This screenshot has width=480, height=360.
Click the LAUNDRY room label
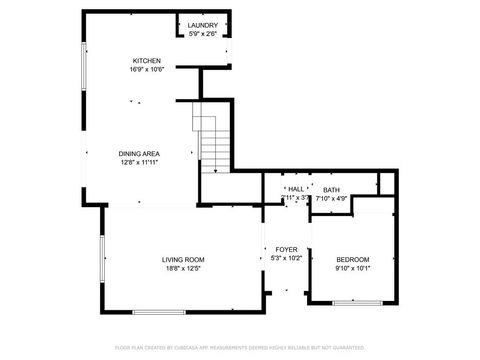pos(203,26)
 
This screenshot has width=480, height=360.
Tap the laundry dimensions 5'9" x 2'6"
pos(203,35)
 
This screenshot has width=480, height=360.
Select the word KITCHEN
pos(147,61)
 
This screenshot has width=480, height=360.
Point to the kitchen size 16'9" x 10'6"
pos(147,70)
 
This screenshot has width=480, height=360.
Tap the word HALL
pos(296,189)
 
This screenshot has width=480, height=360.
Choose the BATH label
pos(331,189)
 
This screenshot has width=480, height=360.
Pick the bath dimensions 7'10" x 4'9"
pos(331,198)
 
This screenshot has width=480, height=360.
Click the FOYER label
pos(286,249)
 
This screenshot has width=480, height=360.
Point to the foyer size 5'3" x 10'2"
pos(286,258)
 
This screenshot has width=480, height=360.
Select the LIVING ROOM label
pos(183,259)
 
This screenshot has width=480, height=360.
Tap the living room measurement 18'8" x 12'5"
pos(183,268)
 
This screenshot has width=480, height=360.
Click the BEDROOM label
pos(352,259)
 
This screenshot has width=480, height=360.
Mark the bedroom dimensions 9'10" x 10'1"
pos(352,268)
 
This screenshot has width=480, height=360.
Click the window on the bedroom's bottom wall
pos(357,302)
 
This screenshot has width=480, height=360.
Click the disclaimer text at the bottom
pos(239,347)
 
